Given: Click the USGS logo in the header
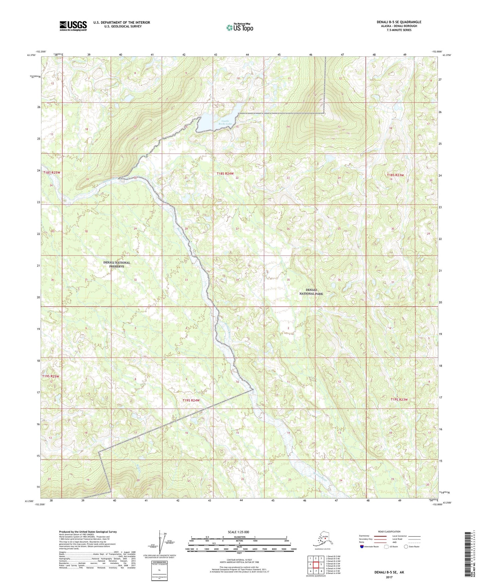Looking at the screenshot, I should [x=73, y=25].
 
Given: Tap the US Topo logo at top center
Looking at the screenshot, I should [x=239, y=27].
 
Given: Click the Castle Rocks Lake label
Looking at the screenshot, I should [x=225, y=122].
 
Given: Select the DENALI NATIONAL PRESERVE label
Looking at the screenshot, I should [x=116, y=265].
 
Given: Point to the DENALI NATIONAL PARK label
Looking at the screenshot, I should [x=311, y=292].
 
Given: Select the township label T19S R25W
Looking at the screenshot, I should [x=51, y=377].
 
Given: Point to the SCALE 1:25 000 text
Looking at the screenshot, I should [x=239, y=532].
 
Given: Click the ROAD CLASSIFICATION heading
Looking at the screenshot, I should [x=389, y=531].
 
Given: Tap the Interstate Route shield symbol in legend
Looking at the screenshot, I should [x=362, y=547].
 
